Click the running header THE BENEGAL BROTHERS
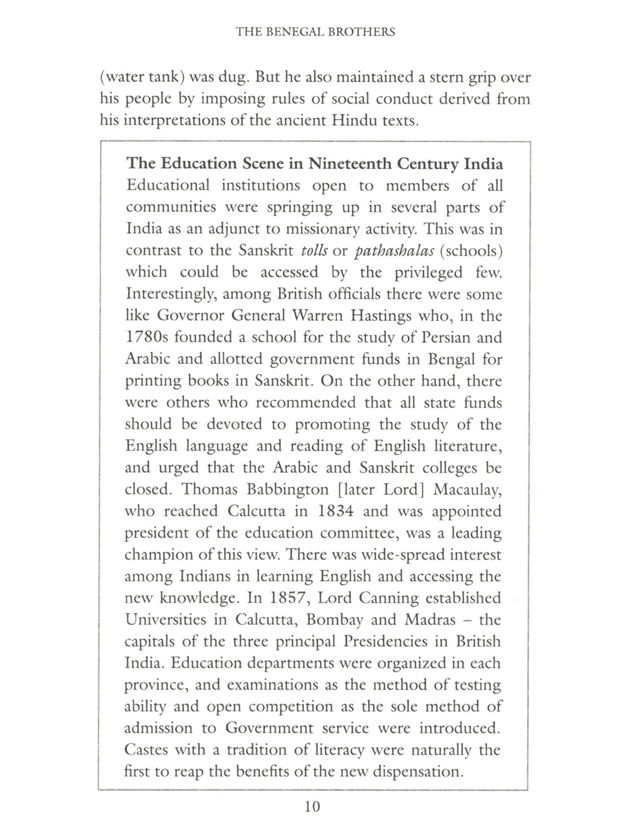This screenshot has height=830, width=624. tap(315, 32)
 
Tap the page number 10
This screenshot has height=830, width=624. tap(312, 806)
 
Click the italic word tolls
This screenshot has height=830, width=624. tap(314, 250)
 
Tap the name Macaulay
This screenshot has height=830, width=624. tap(467, 489)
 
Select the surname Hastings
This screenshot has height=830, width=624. tap(380, 316)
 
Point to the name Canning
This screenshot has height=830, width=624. tap(388, 598)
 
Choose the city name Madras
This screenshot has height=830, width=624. tap(430, 620)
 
